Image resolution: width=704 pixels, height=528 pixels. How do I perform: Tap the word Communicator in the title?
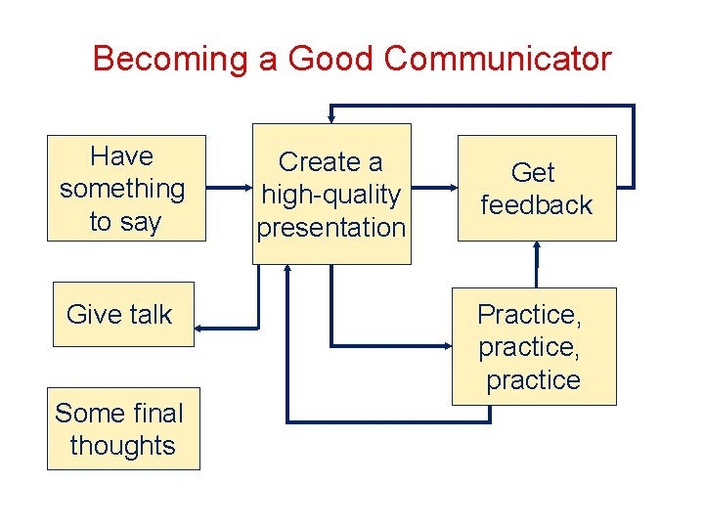click(x=498, y=59)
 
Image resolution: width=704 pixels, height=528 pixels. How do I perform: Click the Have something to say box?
click(x=126, y=188)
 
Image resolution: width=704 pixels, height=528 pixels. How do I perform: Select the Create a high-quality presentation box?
click(x=331, y=194)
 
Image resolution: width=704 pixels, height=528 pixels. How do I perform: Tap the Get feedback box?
click(x=536, y=188)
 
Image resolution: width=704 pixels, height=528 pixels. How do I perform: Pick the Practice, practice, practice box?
click(x=533, y=346)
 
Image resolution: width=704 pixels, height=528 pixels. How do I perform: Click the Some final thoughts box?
click(x=123, y=429)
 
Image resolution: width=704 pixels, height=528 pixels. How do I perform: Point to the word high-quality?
click(x=331, y=195)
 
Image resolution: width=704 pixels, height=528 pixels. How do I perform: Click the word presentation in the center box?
click(x=331, y=228)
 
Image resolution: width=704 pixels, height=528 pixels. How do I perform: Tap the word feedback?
click(x=536, y=205)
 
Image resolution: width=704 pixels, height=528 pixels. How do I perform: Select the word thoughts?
click(x=123, y=446)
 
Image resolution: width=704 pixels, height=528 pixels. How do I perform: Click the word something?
click(x=122, y=189)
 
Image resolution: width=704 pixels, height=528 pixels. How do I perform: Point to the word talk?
click(x=149, y=315)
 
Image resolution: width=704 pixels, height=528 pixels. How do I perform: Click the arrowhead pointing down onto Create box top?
click(x=331, y=118)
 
